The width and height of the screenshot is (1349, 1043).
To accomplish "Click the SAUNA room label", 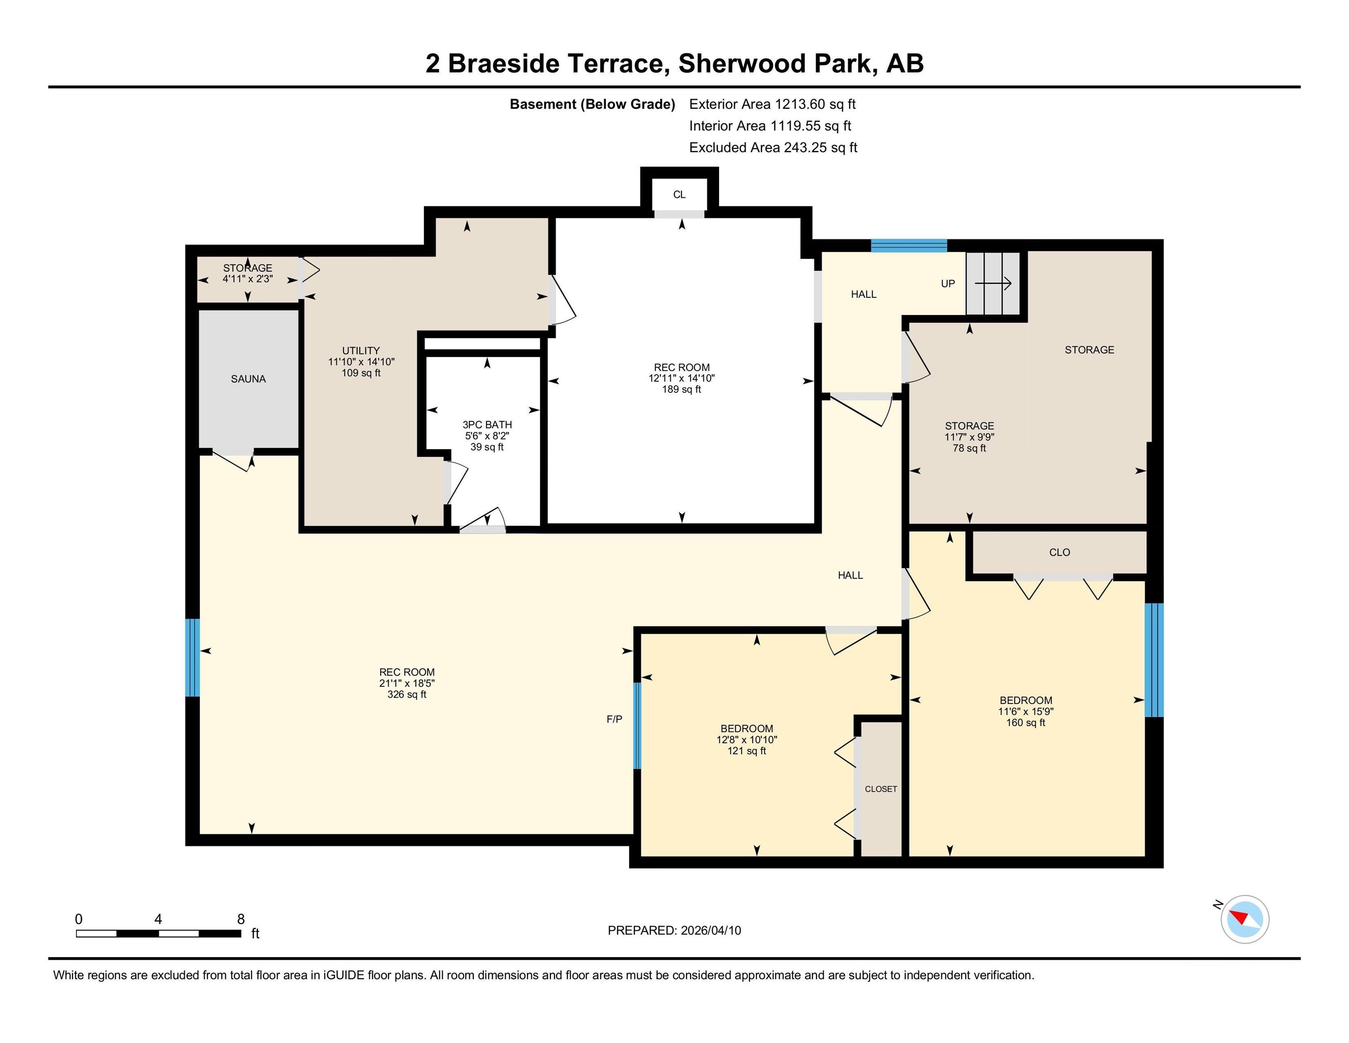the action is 248,379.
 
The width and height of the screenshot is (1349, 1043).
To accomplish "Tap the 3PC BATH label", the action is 487,425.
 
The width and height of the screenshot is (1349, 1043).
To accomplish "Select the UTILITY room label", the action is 361,350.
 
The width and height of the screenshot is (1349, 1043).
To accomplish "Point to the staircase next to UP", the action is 993,284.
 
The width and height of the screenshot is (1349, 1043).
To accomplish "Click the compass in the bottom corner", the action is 1244,919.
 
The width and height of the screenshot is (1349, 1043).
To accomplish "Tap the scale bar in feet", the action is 159,933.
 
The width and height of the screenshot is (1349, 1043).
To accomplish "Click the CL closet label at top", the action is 679,195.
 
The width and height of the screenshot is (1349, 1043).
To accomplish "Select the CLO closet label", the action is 1059,552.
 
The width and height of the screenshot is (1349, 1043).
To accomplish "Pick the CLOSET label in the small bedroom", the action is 881,789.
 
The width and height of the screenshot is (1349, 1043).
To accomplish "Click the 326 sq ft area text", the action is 406,694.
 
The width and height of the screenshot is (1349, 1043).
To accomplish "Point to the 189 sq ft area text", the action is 682,389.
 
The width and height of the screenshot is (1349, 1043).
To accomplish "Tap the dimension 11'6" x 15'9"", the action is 1026,711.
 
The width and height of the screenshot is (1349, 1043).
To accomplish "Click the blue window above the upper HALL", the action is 909,245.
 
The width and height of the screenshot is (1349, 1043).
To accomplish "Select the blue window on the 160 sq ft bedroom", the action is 1154,660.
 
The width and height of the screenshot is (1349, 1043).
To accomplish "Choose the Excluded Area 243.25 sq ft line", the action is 773,148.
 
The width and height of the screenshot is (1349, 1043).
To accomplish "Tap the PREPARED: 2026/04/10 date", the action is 674,931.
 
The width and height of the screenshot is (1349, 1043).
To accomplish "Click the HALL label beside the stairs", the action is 863,294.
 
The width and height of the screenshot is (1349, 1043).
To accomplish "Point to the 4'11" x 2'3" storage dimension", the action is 248,279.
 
